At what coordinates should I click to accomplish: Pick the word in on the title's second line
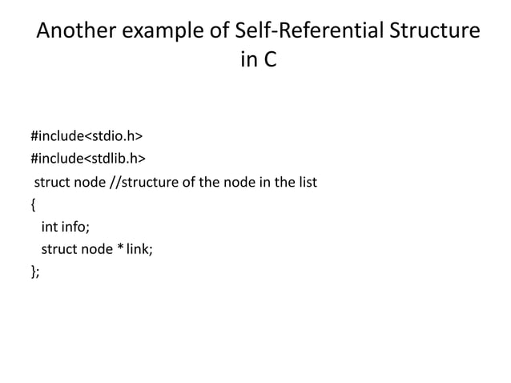point(247,61)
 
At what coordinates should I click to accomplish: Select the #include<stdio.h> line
point(81,131)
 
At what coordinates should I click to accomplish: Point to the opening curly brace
point(33,204)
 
